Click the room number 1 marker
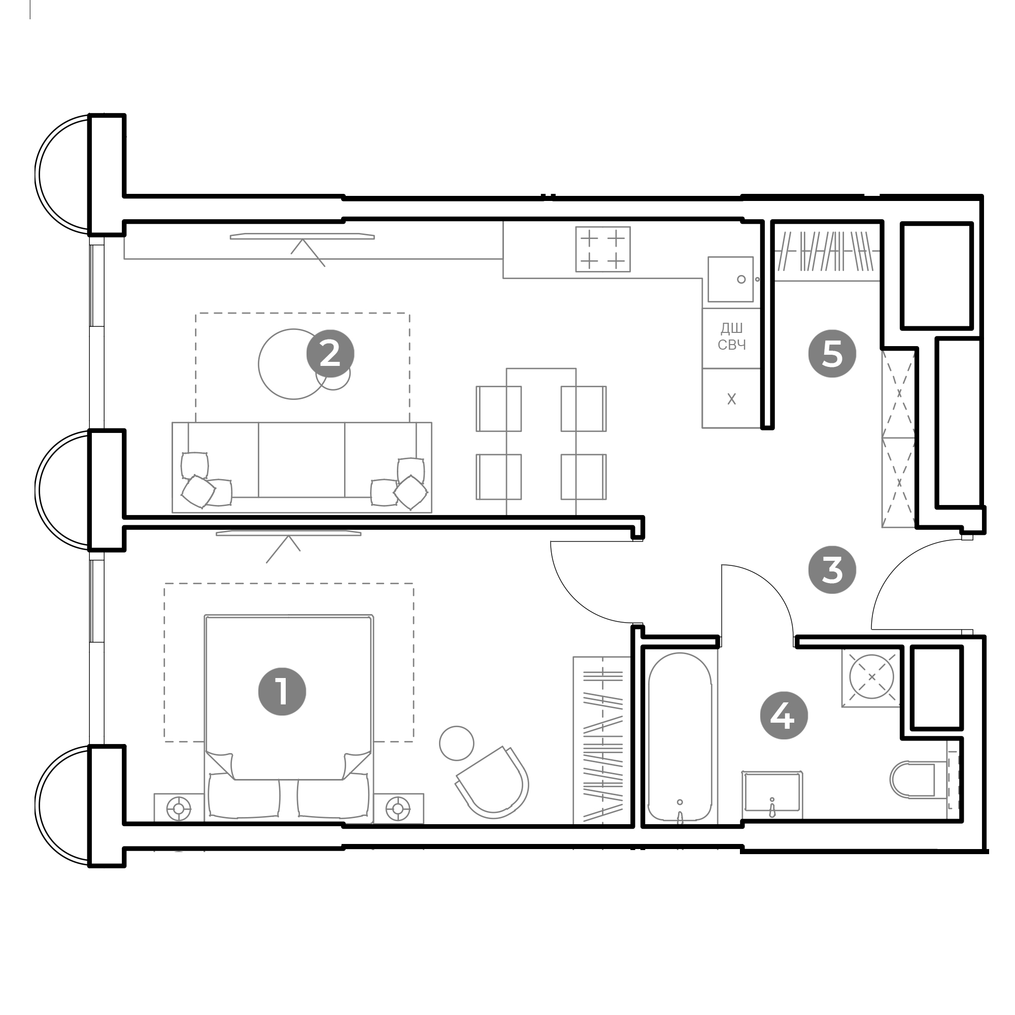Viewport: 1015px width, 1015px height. coord(282,691)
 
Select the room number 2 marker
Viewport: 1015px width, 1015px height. coord(330,354)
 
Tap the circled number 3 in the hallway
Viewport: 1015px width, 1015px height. coord(832,570)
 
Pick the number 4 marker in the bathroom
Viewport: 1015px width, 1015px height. coord(784,716)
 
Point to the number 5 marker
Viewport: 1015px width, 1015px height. coord(832,354)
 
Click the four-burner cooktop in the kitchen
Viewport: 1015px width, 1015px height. coord(602,249)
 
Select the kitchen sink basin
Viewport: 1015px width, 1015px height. coord(730,279)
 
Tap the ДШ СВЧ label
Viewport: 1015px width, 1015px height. coord(731,337)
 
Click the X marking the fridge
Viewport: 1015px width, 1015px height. coord(731,399)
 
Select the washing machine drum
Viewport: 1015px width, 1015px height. coord(871,676)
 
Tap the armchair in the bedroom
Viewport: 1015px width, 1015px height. coord(492,783)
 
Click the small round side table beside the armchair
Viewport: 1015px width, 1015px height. coord(457,743)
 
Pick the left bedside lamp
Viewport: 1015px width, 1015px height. coord(179,808)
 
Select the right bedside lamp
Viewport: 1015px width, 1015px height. coord(398,808)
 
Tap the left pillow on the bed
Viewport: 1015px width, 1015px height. coord(244,796)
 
